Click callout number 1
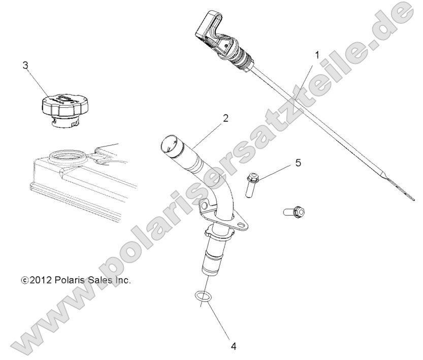(317, 54)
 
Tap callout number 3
(25, 64)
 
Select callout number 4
(233, 347)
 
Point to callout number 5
(298, 163)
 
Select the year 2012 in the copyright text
(39, 279)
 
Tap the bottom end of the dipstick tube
(213, 265)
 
